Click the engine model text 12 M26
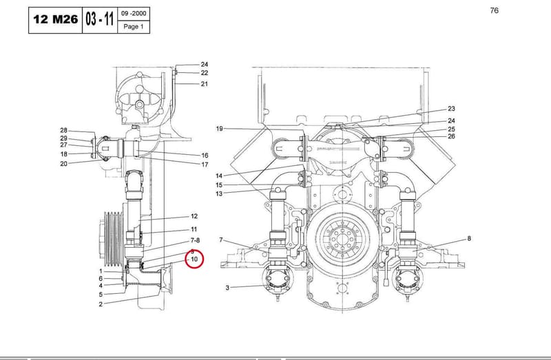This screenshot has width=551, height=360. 56,19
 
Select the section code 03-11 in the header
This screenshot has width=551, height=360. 99,19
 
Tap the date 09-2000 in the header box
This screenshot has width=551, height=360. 134,13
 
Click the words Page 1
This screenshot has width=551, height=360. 134,26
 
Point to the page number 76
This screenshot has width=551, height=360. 494,10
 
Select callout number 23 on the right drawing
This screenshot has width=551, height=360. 451,109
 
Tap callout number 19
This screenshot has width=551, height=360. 219,129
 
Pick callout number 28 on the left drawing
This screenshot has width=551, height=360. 63,130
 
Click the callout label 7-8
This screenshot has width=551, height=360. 195,241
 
